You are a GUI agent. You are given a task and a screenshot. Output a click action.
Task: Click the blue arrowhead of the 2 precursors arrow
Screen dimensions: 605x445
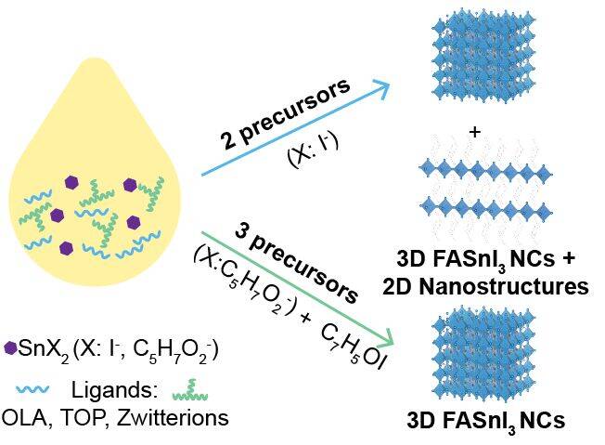(381, 87)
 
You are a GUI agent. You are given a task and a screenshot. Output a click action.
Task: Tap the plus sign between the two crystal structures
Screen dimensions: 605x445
(475, 132)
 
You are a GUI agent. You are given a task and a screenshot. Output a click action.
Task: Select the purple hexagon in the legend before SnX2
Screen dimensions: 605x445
(10, 348)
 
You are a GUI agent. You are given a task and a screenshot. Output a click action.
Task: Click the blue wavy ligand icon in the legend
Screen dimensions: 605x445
(32, 389)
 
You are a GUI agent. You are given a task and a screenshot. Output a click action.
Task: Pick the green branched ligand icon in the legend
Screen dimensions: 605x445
(190, 390)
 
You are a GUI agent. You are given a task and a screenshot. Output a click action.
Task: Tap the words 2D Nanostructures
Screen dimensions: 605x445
(485, 287)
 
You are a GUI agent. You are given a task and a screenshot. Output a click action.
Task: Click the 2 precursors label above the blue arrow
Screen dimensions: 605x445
(286, 113)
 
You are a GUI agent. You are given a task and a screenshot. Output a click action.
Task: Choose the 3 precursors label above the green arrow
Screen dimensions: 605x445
(296, 263)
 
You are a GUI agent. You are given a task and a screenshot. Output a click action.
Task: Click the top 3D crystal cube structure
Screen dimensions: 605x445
(483, 59)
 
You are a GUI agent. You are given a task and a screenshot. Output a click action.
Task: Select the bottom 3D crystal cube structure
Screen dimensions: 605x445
(483, 352)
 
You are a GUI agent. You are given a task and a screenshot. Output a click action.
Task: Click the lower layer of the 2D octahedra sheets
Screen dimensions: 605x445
(485, 206)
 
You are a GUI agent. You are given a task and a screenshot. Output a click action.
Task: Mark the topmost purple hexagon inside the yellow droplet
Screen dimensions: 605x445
(71, 182)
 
